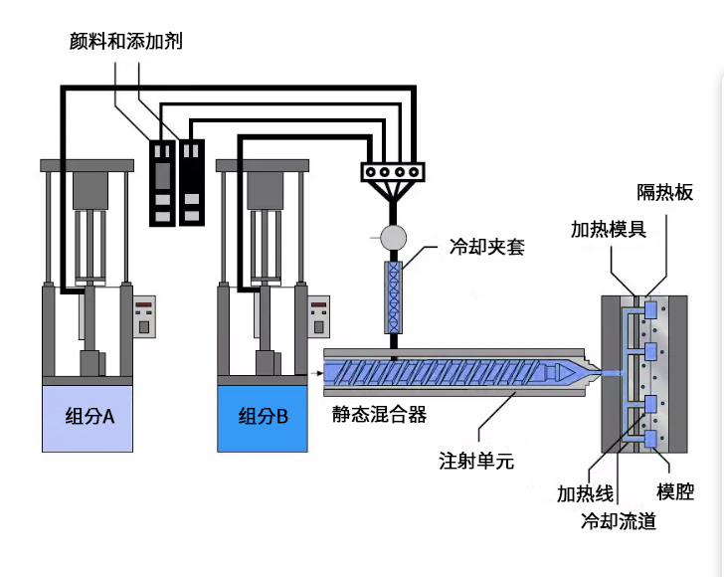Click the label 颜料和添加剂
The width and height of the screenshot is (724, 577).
tap(126, 41)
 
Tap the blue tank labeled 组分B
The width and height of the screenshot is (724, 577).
tap(263, 416)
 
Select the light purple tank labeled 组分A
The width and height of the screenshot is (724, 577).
tap(88, 417)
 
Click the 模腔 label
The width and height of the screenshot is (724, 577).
tap(676, 491)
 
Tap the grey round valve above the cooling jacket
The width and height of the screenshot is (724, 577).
tap(395, 237)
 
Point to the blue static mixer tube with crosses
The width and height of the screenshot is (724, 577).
tap(395, 294)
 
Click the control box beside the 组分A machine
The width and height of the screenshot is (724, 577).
tap(146, 317)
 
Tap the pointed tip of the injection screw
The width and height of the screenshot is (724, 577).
tap(581, 371)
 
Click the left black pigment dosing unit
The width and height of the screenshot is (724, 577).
tap(161, 182)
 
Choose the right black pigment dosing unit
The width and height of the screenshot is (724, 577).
tap(191, 182)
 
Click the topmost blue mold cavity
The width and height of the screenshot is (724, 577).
tap(651, 311)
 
